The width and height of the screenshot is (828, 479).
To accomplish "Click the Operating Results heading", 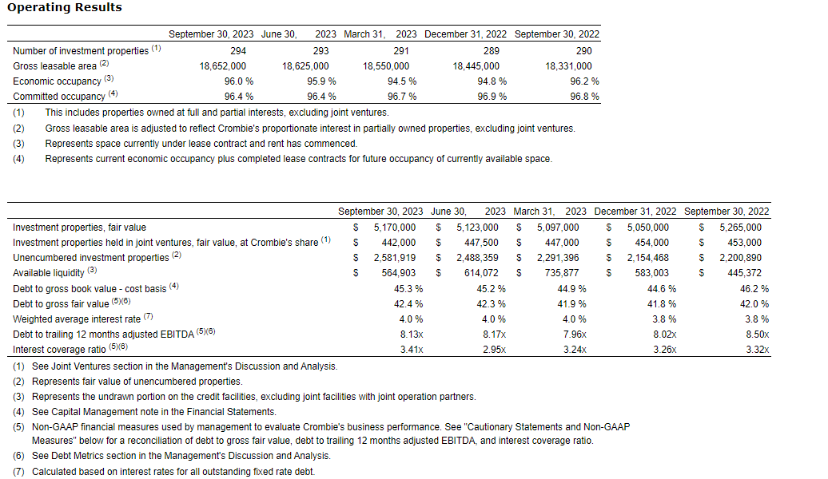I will [65, 7].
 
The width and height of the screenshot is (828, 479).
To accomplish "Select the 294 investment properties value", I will [238, 50].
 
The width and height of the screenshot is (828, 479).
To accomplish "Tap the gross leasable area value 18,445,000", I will [476, 66].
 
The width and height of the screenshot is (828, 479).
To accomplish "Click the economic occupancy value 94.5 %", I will [402, 81].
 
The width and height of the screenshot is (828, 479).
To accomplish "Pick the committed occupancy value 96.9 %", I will [492, 97].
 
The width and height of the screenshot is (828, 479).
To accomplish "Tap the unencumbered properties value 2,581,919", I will [394, 258].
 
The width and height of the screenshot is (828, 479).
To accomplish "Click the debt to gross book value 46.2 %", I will [754, 288].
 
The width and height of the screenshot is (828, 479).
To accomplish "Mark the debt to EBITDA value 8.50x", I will [756, 335].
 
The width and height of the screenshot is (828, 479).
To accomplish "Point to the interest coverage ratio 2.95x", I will [493, 350].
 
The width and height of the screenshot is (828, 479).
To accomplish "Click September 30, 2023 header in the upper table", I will [211, 34].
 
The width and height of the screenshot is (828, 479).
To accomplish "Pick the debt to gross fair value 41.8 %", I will [663, 304].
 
